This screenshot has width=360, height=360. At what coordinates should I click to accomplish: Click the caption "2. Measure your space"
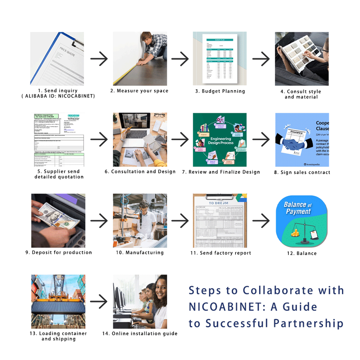(139, 91)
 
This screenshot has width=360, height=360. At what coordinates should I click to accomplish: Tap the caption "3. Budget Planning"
(220, 91)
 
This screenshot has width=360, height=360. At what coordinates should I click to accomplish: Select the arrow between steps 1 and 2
(99, 59)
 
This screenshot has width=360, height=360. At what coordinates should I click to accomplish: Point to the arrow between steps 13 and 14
(99, 301)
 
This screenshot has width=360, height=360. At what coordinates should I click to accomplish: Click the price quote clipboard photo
(57, 59)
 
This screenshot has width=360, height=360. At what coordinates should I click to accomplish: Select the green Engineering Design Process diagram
(220, 140)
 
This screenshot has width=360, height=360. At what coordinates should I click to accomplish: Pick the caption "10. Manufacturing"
(139, 253)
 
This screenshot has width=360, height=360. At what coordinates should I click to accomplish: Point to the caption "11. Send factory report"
(220, 253)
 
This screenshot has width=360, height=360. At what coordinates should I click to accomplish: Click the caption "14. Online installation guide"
(140, 333)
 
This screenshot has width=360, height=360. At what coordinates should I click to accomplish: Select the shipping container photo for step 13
(58, 301)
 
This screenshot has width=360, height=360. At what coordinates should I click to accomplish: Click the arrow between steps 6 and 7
(180, 140)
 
